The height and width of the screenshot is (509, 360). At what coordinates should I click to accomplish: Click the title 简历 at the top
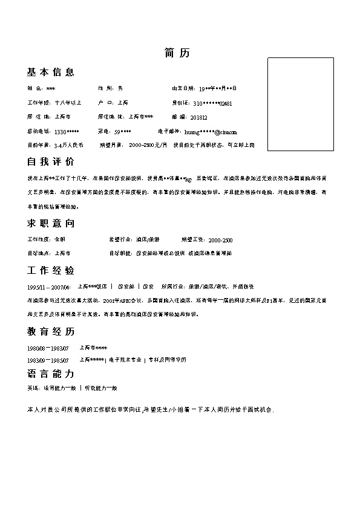tap(177, 53)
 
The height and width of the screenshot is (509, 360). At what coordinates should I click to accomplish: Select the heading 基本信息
tap(51, 73)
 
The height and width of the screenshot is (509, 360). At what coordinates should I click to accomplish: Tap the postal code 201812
tap(198, 117)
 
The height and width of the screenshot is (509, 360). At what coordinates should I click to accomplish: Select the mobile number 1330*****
tap(67, 131)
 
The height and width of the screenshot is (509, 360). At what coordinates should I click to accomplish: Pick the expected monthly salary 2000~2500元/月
tap(148, 145)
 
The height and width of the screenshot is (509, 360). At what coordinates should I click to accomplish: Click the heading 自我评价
tap(51, 162)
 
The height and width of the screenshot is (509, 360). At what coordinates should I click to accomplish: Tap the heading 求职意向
tap(51, 224)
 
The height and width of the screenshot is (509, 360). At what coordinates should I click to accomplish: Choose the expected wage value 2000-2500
tap(220, 240)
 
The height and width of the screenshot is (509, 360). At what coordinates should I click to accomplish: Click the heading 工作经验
tap(51, 270)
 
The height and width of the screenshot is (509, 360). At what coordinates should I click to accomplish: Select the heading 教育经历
tap(51, 332)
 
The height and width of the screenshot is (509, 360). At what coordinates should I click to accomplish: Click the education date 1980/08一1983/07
tap(48, 348)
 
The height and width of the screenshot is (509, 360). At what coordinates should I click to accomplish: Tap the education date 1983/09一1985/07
tap(48, 360)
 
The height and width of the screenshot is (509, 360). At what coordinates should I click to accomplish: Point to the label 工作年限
tap(39, 103)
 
